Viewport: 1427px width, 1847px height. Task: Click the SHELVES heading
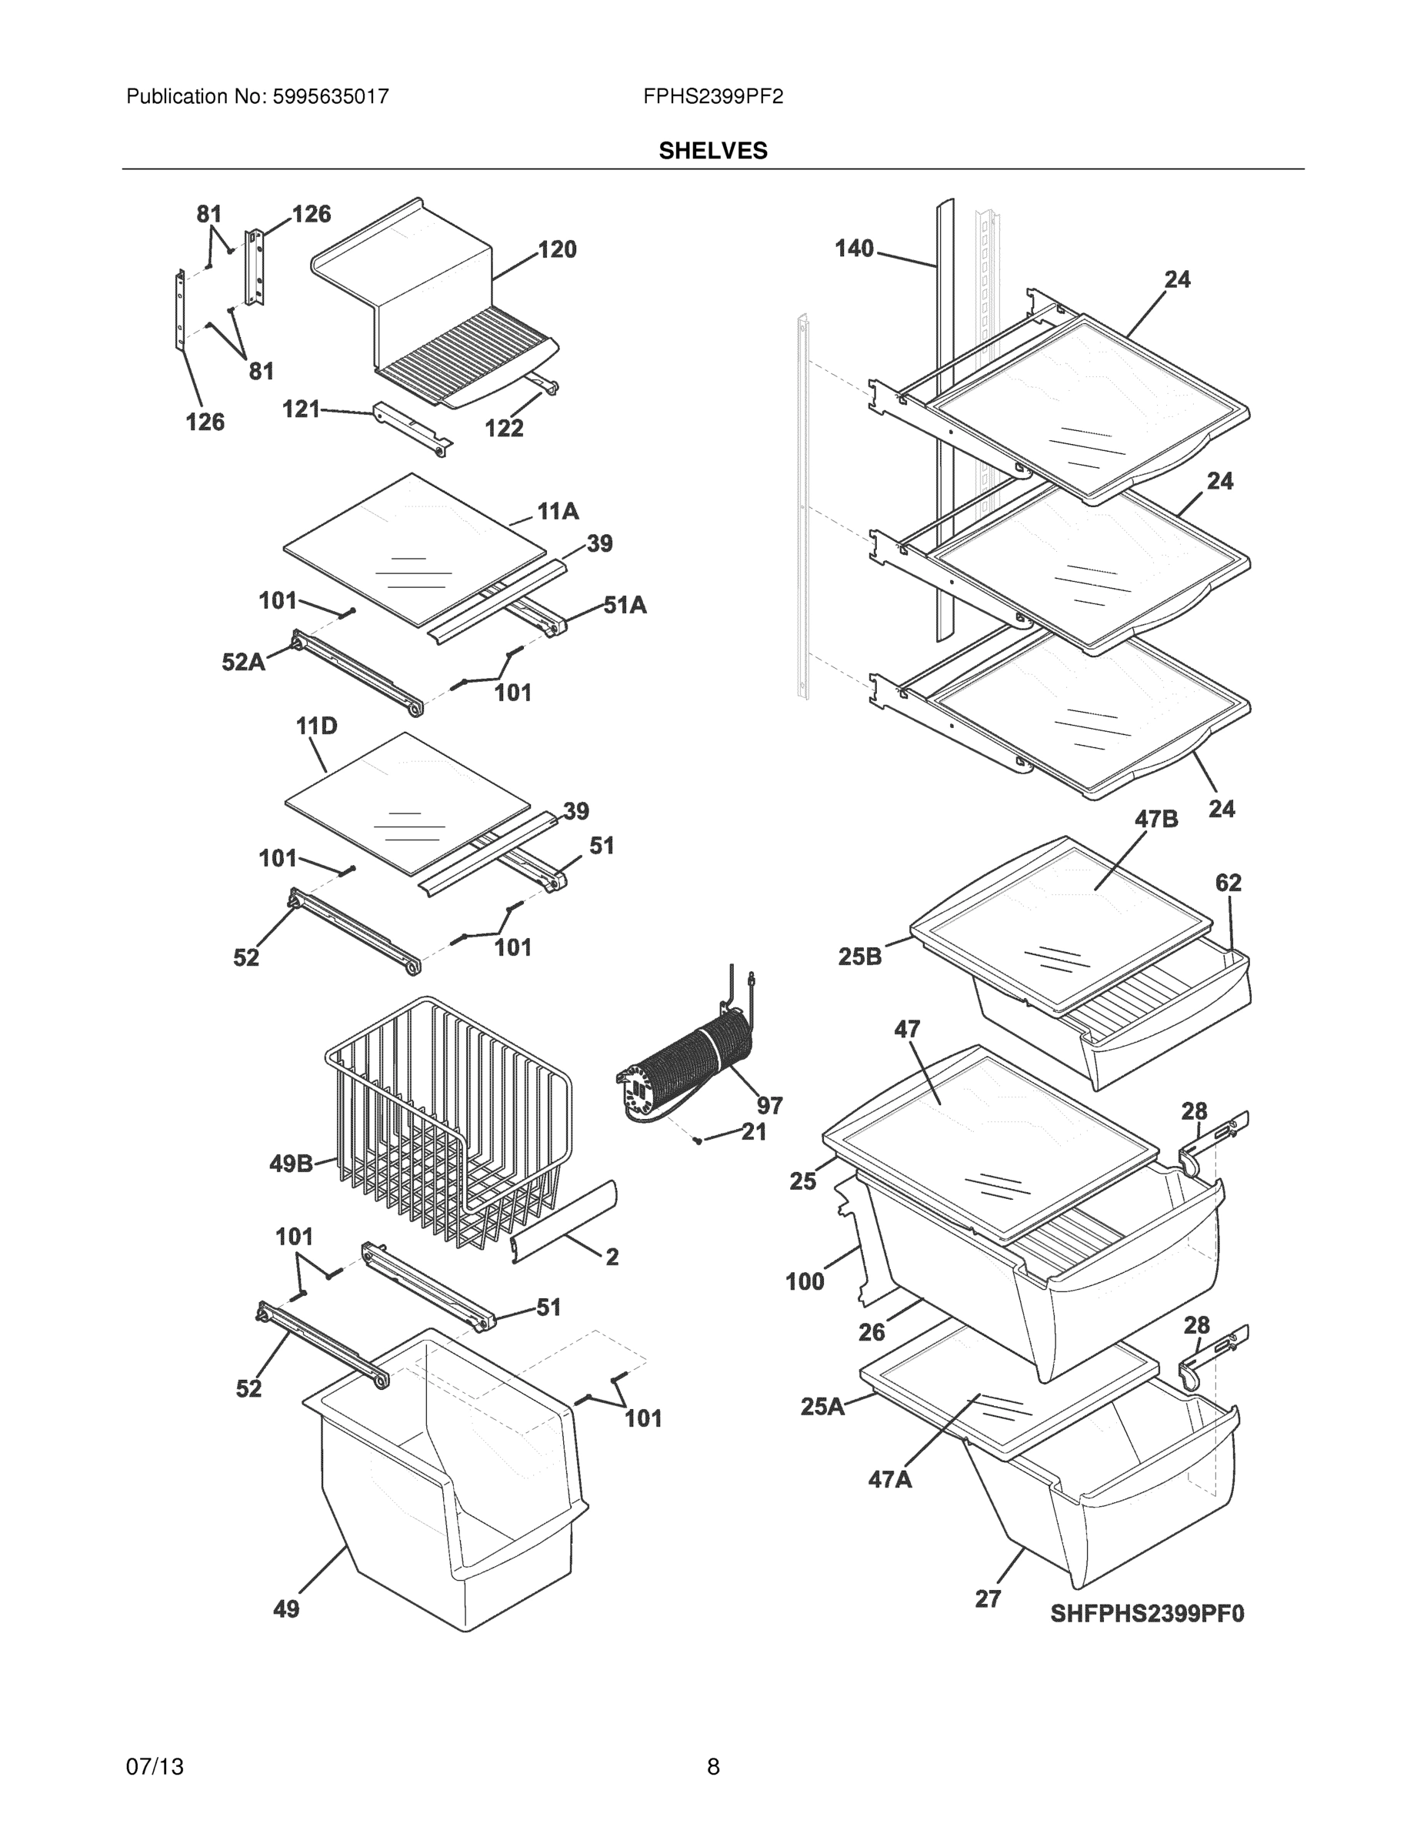712,151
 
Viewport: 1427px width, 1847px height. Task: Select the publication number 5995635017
331,96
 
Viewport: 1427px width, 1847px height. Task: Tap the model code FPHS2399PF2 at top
712,96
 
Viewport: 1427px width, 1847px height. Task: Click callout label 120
557,249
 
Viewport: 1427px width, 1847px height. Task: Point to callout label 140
854,249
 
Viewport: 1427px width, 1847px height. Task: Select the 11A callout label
558,511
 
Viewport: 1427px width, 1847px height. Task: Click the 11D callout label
316,726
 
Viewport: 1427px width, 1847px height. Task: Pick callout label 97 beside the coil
769,1104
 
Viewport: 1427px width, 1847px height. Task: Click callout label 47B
1155,819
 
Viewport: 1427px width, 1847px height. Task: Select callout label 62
1229,882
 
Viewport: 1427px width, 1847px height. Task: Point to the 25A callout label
822,1406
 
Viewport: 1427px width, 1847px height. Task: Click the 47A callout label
889,1479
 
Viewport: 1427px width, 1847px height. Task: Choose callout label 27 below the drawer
988,1598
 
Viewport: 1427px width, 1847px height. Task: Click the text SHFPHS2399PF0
1147,1614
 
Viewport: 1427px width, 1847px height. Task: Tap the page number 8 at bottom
712,1766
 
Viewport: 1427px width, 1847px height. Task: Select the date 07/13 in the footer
155,1766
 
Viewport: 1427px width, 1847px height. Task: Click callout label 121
301,409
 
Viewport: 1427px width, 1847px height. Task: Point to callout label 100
804,1281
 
